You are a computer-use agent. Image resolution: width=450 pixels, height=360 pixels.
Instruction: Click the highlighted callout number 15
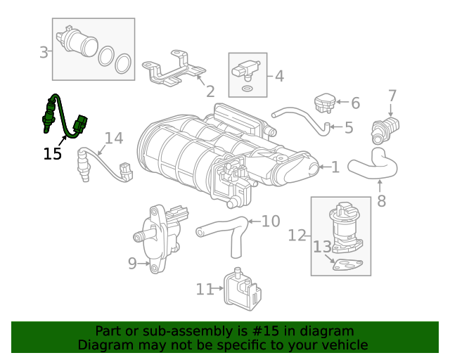(x=52, y=154)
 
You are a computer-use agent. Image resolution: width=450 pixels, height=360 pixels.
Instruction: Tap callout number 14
(x=114, y=138)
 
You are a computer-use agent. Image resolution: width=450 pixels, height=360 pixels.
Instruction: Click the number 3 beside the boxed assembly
(x=44, y=53)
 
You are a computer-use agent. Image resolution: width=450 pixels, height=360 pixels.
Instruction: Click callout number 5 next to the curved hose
(x=349, y=127)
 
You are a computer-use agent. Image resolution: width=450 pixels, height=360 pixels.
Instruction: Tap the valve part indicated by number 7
(x=385, y=130)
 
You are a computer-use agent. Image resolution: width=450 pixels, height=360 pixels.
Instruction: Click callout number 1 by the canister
(x=335, y=167)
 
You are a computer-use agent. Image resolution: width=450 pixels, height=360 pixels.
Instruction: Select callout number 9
(x=132, y=263)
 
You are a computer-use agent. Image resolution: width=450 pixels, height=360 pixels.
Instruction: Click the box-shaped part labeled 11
(x=242, y=290)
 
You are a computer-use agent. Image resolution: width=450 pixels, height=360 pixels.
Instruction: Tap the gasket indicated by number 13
(x=347, y=264)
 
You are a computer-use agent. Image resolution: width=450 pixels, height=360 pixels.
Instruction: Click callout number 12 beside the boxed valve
(x=297, y=236)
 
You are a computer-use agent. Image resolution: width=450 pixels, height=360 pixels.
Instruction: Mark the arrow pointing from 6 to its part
(x=342, y=102)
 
